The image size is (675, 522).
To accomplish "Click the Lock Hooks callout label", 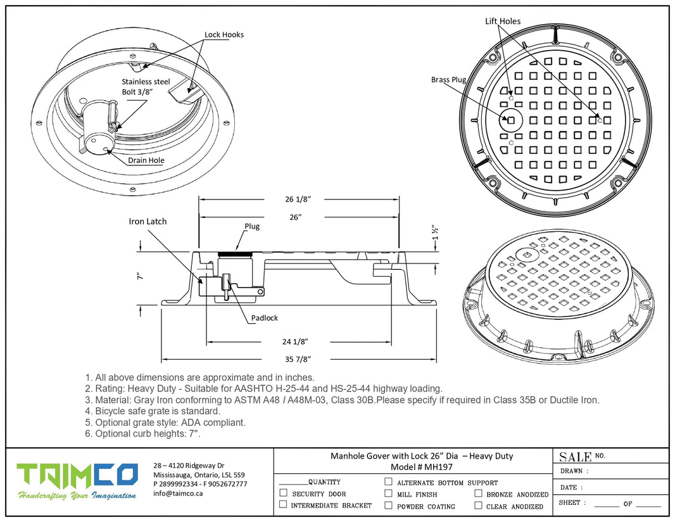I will pyautogui.click(x=224, y=35).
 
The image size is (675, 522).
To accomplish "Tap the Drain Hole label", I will pyautogui.click(x=146, y=160).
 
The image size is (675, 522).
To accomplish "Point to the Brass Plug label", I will pyautogui.click(x=448, y=80).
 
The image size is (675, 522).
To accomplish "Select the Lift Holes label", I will pyautogui.click(x=503, y=22).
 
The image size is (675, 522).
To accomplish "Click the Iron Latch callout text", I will pyautogui.click(x=148, y=222).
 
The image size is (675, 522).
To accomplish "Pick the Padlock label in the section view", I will pyautogui.click(x=263, y=318).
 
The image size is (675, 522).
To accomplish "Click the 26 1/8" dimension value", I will pyautogui.click(x=298, y=199).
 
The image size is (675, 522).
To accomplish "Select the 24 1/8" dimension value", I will pyautogui.click(x=296, y=342).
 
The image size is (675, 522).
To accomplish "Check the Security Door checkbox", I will pyautogui.click(x=284, y=493).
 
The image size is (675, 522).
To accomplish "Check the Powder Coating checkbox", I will pyautogui.click(x=388, y=506).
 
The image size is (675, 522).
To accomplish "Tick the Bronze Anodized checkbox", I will pyautogui.click(x=479, y=493).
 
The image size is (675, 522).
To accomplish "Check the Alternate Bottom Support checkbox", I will pyautogui.click(x=388, y=481).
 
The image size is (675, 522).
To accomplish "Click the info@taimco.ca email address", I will pyautogui.click(x=178, y=493).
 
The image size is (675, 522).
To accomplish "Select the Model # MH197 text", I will pyautogui.click(x=422, y=467).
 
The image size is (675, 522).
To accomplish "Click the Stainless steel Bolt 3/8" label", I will pyautogui.click(x=142, y=87).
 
